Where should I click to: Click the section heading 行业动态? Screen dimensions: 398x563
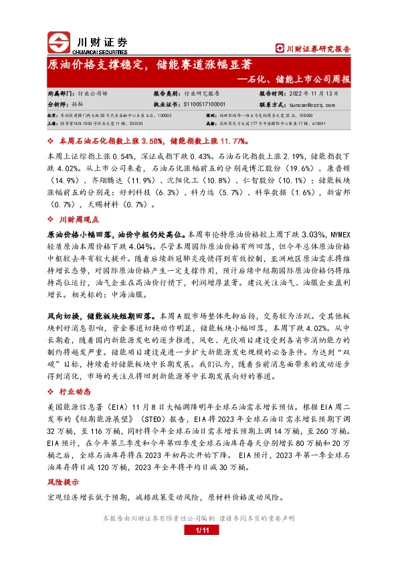74,390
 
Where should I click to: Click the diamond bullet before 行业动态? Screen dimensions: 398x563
51,390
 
